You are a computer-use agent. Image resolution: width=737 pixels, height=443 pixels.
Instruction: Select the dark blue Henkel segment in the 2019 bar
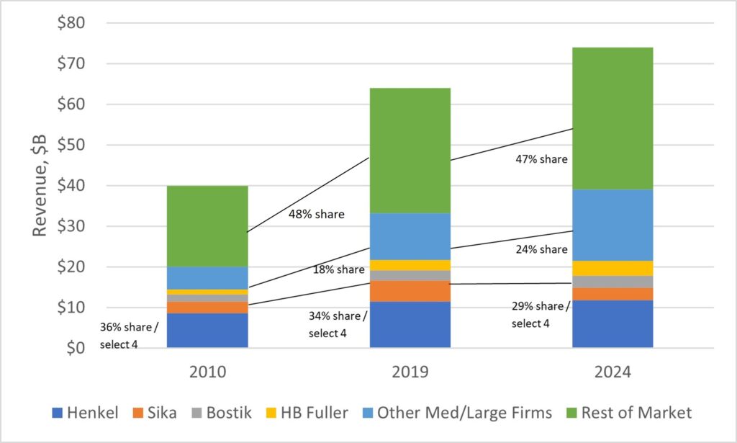point(410,324)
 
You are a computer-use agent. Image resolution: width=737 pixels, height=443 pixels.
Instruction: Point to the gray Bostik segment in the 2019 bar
point(410,275)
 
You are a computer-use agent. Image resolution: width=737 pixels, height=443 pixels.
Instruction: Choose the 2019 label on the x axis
point(410,373)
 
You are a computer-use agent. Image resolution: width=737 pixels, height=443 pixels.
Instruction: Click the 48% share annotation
point(317,214)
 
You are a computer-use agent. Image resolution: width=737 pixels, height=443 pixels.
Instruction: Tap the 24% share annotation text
point(541,249)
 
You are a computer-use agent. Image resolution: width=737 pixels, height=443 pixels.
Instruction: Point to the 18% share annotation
point(339,269)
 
